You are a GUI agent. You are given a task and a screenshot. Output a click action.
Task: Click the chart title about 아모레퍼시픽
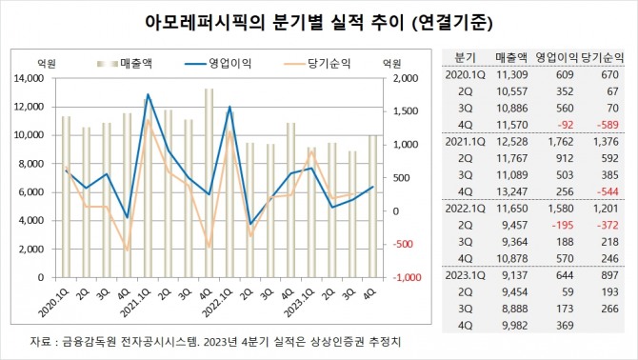319,18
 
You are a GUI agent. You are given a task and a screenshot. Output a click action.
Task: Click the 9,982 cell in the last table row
515,326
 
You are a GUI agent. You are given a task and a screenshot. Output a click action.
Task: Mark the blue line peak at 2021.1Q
148,94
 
